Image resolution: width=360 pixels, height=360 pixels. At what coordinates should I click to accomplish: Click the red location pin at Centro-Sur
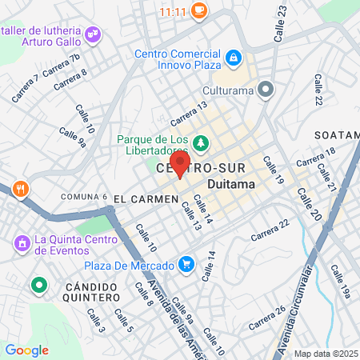(181, 164)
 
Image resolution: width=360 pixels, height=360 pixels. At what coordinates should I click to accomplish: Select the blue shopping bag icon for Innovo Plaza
(232, 57)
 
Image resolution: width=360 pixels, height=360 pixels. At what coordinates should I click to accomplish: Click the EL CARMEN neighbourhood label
(145, 198)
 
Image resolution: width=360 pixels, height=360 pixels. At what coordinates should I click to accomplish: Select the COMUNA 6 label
(83, 197)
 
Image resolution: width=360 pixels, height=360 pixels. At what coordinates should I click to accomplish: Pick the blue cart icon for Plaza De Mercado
(186, 264)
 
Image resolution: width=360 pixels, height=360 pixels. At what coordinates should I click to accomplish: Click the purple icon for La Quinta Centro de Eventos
(21, 240)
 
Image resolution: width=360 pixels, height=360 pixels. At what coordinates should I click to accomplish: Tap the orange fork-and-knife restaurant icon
(21, 190)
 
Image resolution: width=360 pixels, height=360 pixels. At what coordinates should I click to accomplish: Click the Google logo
(26, 350)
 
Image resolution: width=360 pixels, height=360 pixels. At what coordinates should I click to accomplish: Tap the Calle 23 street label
(280, 23)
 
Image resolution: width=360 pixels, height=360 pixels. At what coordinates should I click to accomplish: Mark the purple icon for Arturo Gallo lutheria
(94, 33)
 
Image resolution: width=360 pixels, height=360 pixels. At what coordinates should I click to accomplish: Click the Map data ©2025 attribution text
(326, 354)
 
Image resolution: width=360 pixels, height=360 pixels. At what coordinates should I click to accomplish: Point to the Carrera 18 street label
(318, 158)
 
